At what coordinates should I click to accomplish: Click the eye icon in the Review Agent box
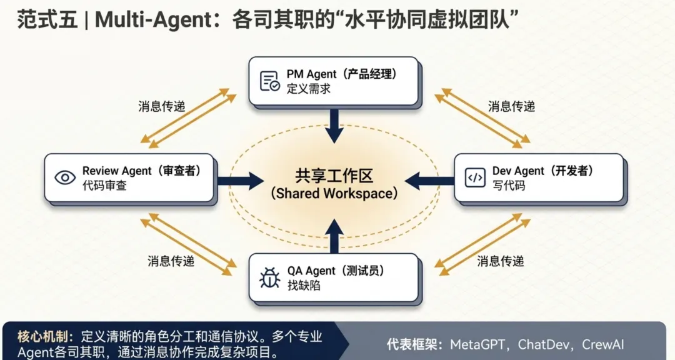pos(65,177)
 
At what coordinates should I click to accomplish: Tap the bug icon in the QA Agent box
pos(270,277)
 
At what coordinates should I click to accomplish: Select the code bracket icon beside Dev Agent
pos(475,177)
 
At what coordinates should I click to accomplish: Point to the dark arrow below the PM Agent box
pos(334,126)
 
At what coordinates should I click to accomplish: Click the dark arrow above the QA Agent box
pos(334,236)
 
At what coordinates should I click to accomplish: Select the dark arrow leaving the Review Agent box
pos(241,181)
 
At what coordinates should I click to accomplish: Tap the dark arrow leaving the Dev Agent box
pos(429,181)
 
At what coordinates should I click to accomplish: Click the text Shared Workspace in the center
pos(334,193)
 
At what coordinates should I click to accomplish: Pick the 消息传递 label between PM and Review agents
pos(161,106)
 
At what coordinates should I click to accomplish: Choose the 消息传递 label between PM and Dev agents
pos(511,106)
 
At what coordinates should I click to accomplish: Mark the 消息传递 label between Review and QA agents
pos(171,261)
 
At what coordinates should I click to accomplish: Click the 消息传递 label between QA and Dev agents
pos(500,261)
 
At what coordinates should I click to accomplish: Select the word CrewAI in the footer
pos(602,344)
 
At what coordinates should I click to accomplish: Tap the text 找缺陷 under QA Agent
pos(304,285)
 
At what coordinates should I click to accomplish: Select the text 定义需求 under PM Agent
pos(309,89)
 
